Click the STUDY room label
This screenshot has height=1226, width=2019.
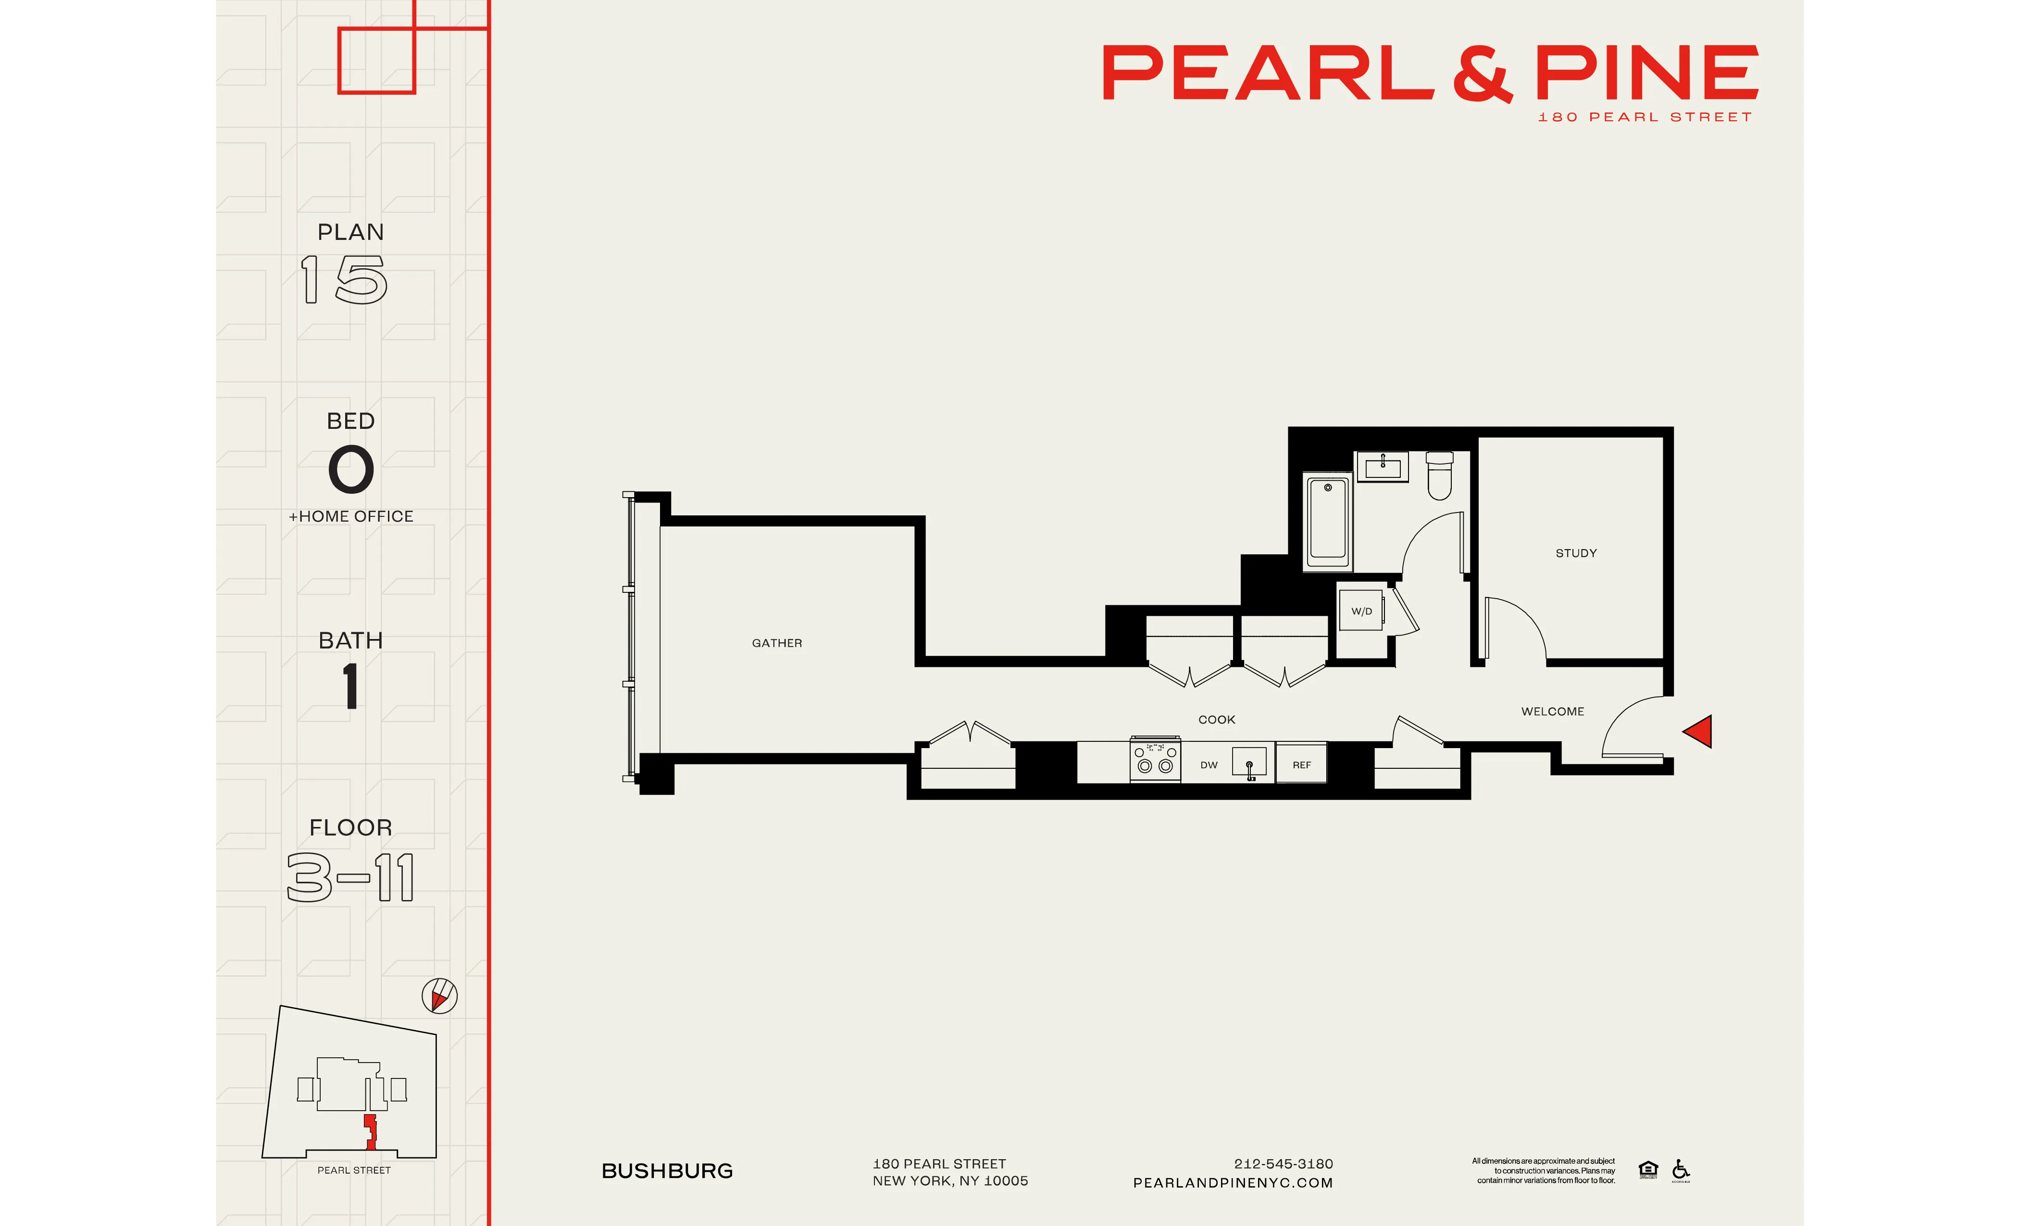[x=1576, y=553]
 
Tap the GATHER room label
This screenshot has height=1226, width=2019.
[x=777, y=643]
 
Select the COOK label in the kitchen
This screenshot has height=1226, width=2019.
[x=1216, y=720]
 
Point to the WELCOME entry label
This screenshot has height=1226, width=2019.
[x=1552, y=712]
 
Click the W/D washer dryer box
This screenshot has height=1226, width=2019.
[x=1361, y=611]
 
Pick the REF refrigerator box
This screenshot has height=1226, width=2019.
[x=1301, y=764]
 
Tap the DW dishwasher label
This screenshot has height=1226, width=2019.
[x=1209, y=764]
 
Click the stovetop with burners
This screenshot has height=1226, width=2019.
[x=1155, y=760]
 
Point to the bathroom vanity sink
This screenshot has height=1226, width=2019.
[x=1383, y=466]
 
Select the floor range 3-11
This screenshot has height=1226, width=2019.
[x=351, y=878]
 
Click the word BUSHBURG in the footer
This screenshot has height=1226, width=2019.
[x=667, y=1171]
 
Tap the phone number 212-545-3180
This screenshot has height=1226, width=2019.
[x=1283, y=1163]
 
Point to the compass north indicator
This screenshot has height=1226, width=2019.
[x=439, y=996]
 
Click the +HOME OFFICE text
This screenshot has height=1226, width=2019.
[x=351, y=516]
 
